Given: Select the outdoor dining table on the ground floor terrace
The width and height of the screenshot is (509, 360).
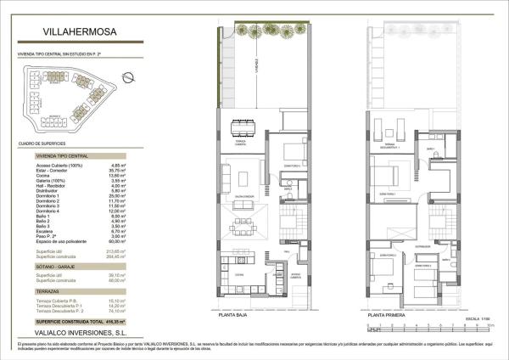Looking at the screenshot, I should coord(245,127).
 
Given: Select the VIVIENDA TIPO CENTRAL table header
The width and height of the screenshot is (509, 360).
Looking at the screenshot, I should coord(59,157).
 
